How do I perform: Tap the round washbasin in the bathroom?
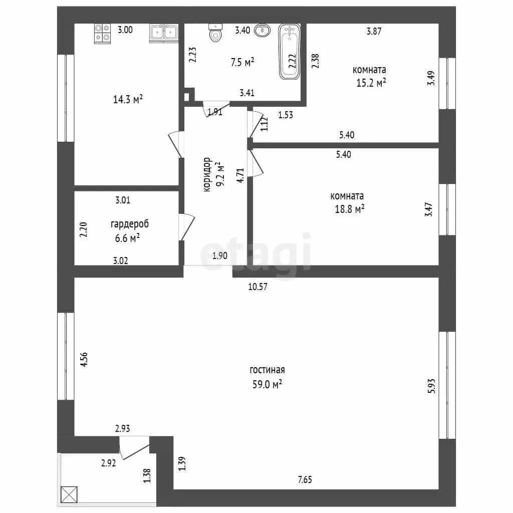[x=263, y=31]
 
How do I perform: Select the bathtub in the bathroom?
[x=290, y=52]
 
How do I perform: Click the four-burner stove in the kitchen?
[x=102, y=34]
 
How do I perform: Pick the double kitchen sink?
[x=164, y=33]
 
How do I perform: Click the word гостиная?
[x=267, y=370]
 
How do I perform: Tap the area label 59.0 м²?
[x=267, y=384]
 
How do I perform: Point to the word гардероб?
[x=130, y=224]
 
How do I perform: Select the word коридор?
[x=207, y=174]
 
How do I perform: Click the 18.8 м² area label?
[x=349, y=209]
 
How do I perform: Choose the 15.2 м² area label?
[x=371, y=83]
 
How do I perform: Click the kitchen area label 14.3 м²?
[x=128, y=99]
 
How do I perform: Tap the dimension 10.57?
[x=258, y=287]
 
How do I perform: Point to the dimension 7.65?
[x=305, y=479]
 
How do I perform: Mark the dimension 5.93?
[x=431, y=386]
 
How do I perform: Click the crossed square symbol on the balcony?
[x=69, y=494]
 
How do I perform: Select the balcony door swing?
[x=134, y=448]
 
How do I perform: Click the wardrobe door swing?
[x=186, y=227]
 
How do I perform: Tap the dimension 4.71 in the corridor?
[x=240, y=175]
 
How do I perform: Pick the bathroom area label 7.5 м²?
[x=242, y=62]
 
